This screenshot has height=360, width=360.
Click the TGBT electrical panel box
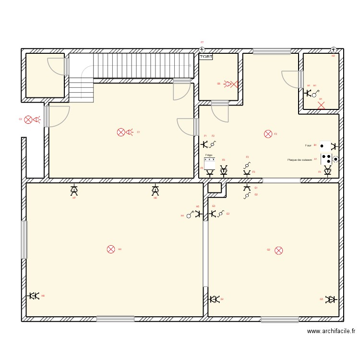(206, 57)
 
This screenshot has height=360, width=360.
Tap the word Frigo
(208, 155)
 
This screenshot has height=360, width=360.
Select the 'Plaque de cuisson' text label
(300, 160)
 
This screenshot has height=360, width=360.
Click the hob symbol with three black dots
(326, 159)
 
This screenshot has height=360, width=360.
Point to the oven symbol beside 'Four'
(325, 145)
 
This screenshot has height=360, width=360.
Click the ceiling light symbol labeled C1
(121, 132)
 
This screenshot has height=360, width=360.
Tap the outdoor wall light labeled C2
(28, 120)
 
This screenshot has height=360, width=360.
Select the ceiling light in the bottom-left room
(111, 249)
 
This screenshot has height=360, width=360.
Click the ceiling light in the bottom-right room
(278, 250)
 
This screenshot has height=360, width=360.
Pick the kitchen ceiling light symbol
(268, 134)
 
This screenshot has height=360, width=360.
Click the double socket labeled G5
(330, 300)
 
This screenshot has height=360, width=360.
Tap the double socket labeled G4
(214, 300)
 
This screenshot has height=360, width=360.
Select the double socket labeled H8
(34, 296)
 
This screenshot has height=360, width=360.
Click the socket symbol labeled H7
(74, 191)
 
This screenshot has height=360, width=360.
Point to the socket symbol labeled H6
(155, 191)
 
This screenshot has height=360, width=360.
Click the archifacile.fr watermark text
(331, 331)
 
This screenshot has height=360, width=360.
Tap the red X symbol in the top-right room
(321, 105)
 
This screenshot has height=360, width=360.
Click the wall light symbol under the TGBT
(231, 84)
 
